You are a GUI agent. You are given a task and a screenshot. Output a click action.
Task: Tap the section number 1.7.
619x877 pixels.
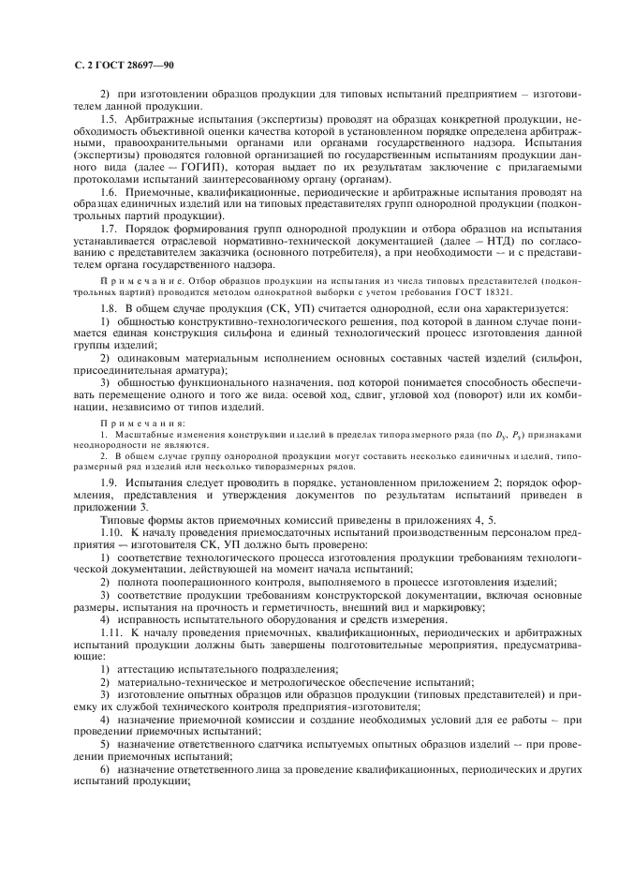click(x=108, y=228)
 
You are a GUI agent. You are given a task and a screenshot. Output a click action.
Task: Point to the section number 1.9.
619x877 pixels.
click(x=108, y=480)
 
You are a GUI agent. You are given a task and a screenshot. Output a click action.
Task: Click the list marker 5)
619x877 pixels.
click(x=105, y=746)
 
